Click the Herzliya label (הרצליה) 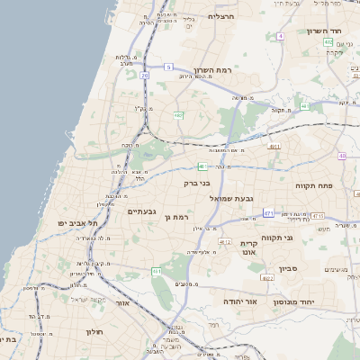click(220, 16)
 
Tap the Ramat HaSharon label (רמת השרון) click(212, 69)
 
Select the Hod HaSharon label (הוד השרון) click(321, 31)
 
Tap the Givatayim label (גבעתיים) click(143, 211)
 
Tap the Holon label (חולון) click(94, 331)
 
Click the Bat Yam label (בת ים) click(8, 341)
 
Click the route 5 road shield click(168, 67)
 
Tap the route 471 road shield click(268, 212)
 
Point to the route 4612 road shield click(225, 241)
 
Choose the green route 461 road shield click(157, 271)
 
